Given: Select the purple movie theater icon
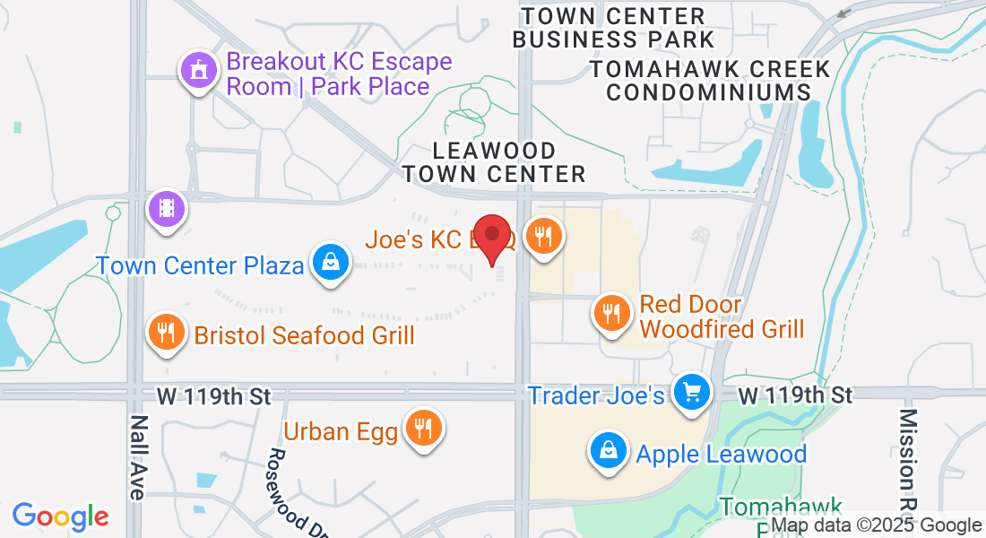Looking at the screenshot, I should (x=167, y=209).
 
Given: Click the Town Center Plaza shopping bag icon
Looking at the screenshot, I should (x=331, y=262).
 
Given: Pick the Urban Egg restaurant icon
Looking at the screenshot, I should (x=421, y=429).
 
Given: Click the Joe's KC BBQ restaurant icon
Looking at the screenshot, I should (x=543, y=236).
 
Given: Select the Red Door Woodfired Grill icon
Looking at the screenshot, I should (x=611, y=314).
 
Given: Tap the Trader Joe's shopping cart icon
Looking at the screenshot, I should (x=691, y=392).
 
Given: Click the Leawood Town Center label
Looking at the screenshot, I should (x=494, y=162).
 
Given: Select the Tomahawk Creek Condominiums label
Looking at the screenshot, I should (x=709, y=80).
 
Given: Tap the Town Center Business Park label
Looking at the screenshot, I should (x=613, y=28).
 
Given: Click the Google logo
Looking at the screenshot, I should (x=60, y=516).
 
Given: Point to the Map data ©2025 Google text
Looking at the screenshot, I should (x=876, y=525).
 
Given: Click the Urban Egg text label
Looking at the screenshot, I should (x=341, y=431).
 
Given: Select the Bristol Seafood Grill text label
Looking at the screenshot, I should (x=305, y=335).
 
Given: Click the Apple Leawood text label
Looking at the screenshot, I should (x=722, y=454).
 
